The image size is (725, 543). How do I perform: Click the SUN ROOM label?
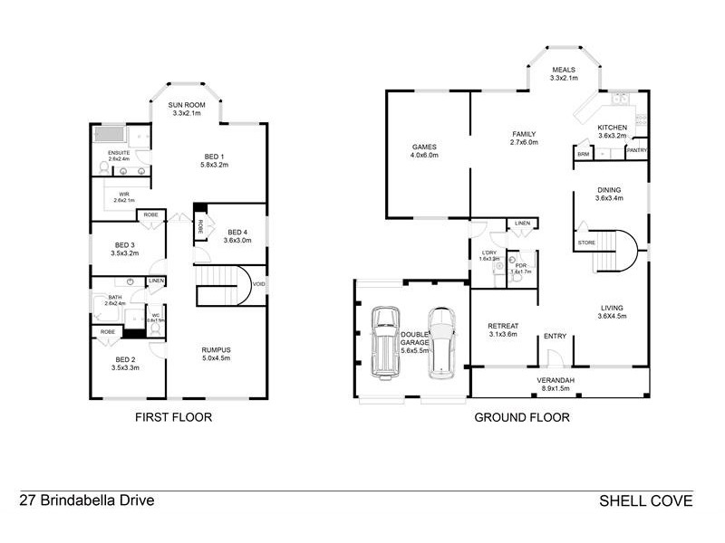pyautogui.click(x=188, y=106)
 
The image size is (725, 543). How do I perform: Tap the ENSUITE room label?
pyautogui.click(x=120, y=153)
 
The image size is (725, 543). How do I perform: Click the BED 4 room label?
pyautogui.click(x=237, y=232)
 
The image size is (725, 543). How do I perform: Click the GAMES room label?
pyautogui.click(x=424, y=146)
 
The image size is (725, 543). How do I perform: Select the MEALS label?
pyautogui.click(x=564, y=69)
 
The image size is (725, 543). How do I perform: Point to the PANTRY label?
pyautogui.click(x=636, y=150)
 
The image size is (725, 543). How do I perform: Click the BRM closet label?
pyautogui.click(x=582, y=154)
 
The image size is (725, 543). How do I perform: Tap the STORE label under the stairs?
pyautogui.click(x=586, y=243)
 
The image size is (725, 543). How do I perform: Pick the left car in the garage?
pyautogui.click(x=385, y=339)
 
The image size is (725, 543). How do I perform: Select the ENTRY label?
pyautogui.click(x=555, y=337)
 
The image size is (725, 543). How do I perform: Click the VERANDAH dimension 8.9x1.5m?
pyautogui.click(x=562, y=389)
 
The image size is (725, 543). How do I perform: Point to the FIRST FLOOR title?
pyautogui.click(x=173, y=418)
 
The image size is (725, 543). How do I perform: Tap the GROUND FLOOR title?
pyautogui.click(x=522, y=418)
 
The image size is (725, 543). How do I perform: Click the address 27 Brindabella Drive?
pyautogui.click(x=87, y=500)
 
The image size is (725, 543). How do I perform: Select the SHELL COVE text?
pyautogui.click(x=645, y=500)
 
